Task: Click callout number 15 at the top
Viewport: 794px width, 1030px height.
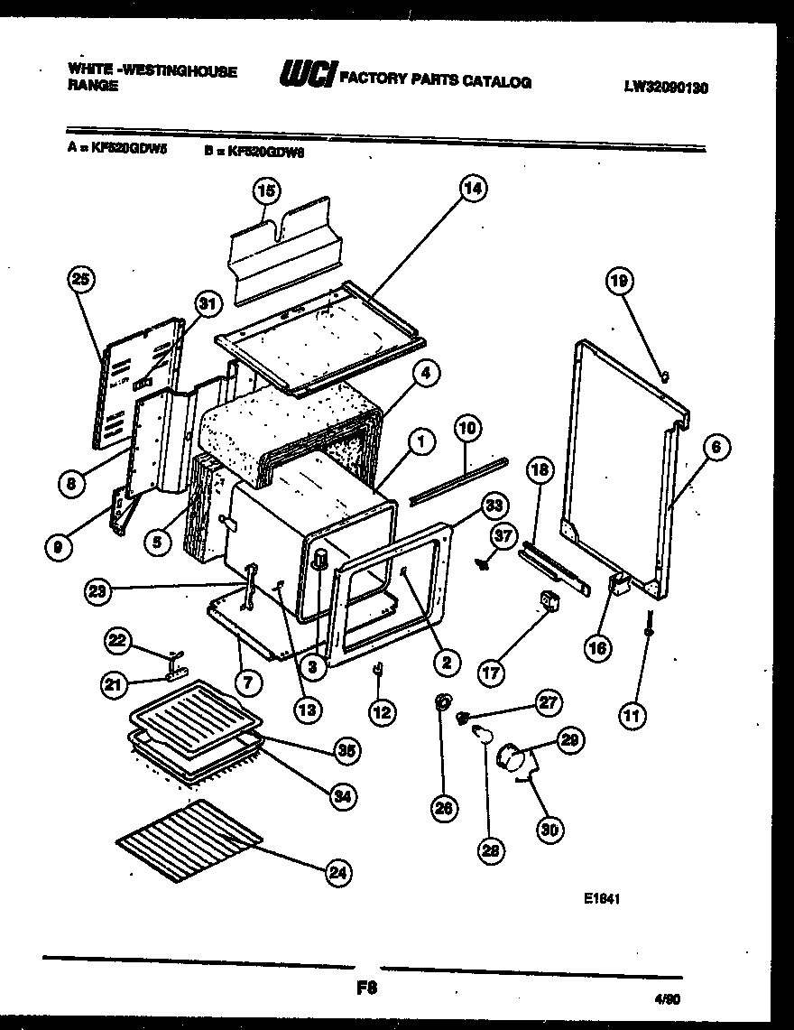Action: (266, 190)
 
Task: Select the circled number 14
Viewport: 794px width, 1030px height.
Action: (472, 189)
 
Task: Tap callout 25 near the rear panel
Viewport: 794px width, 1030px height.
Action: (82, 281)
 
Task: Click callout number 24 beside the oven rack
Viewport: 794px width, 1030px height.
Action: (337, 872)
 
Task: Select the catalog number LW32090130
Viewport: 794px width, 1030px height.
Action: (666, 88)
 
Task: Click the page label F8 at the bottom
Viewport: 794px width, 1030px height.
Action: (366, 988)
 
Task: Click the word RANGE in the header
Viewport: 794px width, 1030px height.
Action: (93, 87)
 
